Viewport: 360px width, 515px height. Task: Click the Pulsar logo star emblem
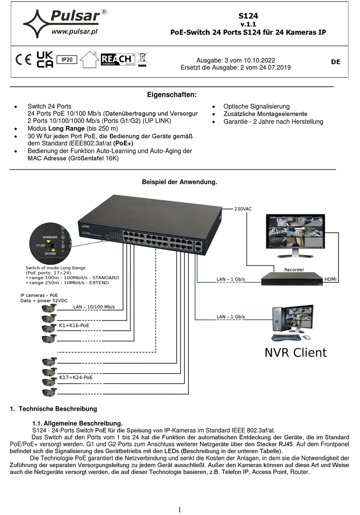37,23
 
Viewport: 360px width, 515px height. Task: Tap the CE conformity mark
23,60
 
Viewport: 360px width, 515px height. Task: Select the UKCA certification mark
45,59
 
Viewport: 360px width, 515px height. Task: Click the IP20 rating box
67,59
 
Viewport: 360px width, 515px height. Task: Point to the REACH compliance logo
117,59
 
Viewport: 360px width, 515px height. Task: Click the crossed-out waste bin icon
142,59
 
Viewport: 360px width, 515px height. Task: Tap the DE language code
335,62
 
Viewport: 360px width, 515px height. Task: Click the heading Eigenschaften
172,95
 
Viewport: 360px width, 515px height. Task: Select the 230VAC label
243,209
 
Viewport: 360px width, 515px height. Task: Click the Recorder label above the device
294,270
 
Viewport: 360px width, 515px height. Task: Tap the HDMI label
330,279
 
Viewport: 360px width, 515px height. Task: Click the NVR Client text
295,352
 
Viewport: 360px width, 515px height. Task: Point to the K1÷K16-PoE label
74,325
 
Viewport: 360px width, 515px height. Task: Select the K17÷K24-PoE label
76,377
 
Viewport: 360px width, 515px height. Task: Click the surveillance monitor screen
295,232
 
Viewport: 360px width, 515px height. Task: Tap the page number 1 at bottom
179,509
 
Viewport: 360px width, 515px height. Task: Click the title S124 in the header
248,16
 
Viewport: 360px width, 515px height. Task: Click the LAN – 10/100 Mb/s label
94,307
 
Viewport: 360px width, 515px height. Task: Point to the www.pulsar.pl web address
75,32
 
